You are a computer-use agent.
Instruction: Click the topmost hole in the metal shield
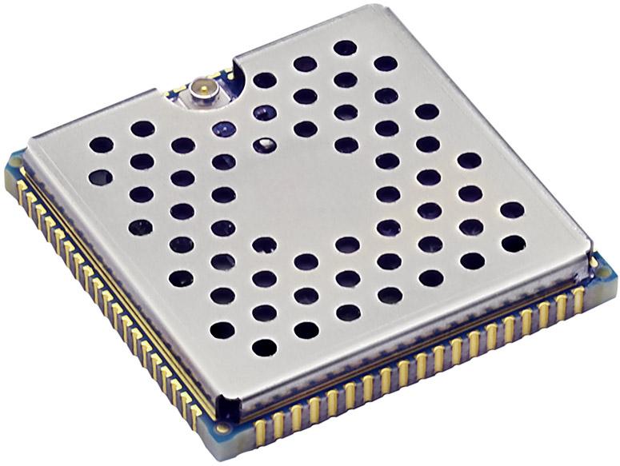point(345,48)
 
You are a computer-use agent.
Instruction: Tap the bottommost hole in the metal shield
point(264,348)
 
